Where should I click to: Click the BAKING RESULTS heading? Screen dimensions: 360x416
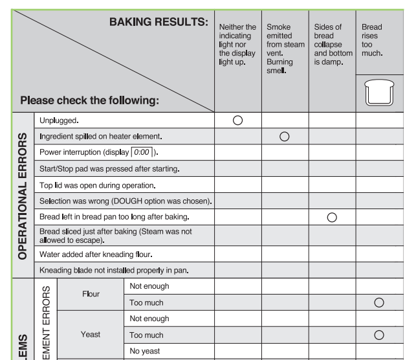point(159,23)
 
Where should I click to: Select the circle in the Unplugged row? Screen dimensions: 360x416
point(237,120)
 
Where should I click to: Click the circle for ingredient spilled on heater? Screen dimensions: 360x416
point(284,136)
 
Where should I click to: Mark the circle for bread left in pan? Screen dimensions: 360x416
point(332,216)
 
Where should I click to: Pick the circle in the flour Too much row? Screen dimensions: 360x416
point(379,302)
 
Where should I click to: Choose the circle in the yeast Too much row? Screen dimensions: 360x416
point(379,335)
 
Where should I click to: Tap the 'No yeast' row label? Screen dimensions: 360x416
point(145,351)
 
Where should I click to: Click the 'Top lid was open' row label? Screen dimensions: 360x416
point(99,185)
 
